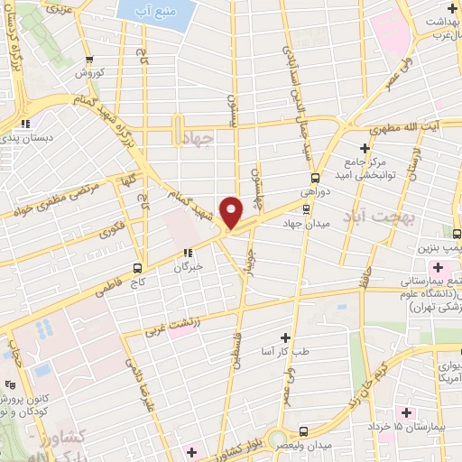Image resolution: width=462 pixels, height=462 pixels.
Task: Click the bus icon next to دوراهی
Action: pos(315,178)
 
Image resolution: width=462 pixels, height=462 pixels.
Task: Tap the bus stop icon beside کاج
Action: pos(137,267)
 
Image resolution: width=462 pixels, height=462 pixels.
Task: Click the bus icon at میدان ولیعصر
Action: pos(303,432)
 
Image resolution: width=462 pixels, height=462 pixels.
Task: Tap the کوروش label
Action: pos(90,72)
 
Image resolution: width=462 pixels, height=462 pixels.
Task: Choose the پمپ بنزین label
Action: pos(440,245)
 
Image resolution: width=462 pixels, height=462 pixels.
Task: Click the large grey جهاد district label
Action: pos(196,137)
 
